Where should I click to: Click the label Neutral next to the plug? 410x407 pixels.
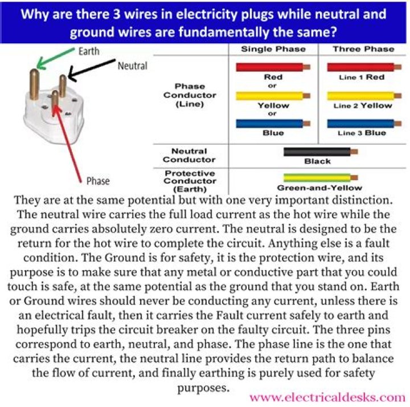click(132, 66)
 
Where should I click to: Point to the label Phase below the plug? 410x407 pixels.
click(98, 181)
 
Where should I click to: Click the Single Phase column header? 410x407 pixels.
click(273, 49)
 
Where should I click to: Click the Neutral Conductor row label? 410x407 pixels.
click(189, 155)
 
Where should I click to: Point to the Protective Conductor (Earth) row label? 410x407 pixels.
click(189, 181)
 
